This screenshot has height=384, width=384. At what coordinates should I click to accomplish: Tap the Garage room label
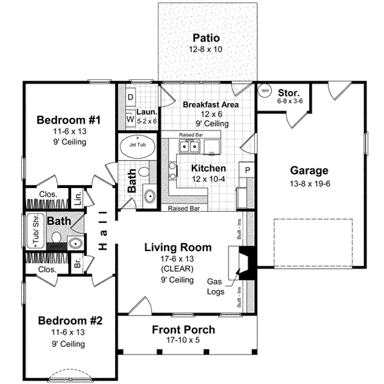click(309, 171)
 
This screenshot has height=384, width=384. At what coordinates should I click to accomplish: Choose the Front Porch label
click(183, 330)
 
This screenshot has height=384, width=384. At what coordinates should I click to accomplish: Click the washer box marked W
click(130, 118)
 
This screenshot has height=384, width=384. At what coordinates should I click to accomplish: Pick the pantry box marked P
click(246, 170)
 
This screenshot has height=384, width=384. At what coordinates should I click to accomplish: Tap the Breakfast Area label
click(211, 104)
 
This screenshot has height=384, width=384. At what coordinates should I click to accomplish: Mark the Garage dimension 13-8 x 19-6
click(310, 184)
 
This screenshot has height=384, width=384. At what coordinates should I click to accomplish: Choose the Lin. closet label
click(77, 198)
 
